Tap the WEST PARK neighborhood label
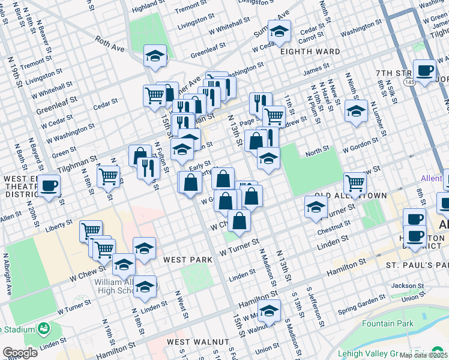click(x=188, y=259)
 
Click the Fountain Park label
click(x=387, y=324)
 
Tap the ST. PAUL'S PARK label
click(x=417, y=265)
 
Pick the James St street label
click(x=316, y=71)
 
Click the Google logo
click(x=20, y=352)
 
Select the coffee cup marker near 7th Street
click(x=424, y=71)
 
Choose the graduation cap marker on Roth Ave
click(x=155, y=57)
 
